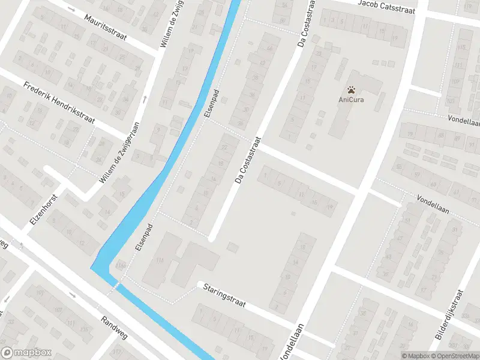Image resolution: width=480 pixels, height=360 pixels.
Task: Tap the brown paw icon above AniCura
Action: [x=351, y=89]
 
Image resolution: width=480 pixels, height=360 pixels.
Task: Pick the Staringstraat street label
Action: [x=225, y=295]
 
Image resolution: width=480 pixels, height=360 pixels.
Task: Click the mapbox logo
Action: [x=26, y=352]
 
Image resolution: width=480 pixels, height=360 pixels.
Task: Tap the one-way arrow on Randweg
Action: [x=72, y=294]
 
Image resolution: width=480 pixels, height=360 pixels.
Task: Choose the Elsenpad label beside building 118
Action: [x=143, y=238]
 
